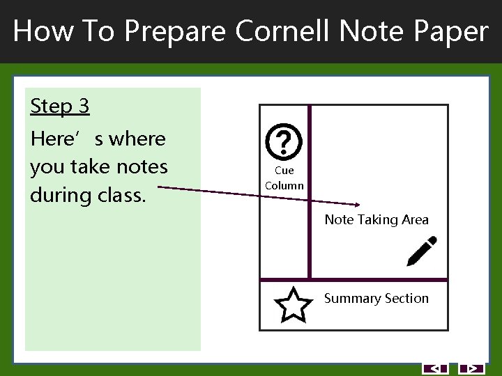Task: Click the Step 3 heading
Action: click(x=60, y=107)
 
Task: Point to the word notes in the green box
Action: click(x=144, y=167)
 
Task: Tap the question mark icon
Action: click(x=284, y=142)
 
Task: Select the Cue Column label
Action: click(x=284, y=178)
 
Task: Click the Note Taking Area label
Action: click(x=376, y=220)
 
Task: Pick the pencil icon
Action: click(x=422, y=251)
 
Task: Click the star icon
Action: click(x=293, y=305)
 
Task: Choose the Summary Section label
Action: click(x=376, y=299)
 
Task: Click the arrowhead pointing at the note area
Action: click(x=356, y=204)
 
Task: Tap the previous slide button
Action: click(x=436, y=368)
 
